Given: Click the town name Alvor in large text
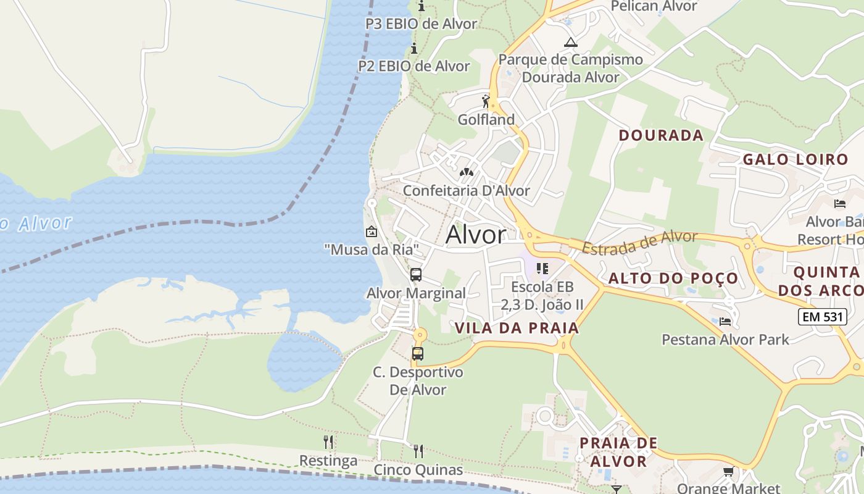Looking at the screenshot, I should (x=476, y=235).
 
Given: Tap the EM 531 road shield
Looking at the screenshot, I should (x=821, y=317).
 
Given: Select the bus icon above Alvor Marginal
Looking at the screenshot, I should (x=416, y=275).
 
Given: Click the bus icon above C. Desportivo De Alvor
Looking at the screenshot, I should (x=418, y=354).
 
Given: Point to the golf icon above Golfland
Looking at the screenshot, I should (x=486, y=101).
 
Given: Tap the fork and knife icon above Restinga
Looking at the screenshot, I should (x=328, y=442).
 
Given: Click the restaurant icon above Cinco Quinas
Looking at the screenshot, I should (x=418, y=451).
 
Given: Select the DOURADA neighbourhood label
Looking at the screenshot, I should (x=661, y=135).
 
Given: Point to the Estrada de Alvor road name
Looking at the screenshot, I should (x=640, y=242).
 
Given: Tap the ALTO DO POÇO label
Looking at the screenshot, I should (x=673, y=278).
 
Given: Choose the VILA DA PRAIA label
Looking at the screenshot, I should (x=517, y=328).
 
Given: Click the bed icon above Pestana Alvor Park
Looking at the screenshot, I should (x=725, y=322).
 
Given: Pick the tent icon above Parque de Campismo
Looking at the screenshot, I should (x=571, y=42).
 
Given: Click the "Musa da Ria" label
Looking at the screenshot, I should (x=372, y=249).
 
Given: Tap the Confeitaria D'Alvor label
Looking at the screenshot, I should (x=467, y=190).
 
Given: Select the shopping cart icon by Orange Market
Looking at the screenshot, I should (x=728, y=472).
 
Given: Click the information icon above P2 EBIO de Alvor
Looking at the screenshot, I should (x=414, y=49).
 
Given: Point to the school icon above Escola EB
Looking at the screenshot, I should (x=542, y=268).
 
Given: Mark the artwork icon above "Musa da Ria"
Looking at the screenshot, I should (x=372, y=232).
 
